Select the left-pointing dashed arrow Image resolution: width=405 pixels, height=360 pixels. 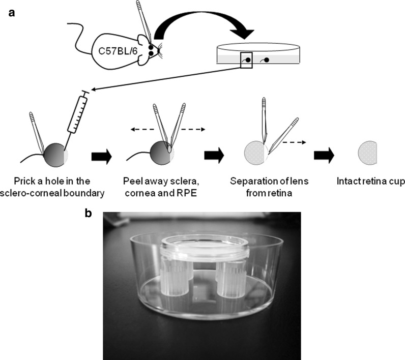click(140, 130)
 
